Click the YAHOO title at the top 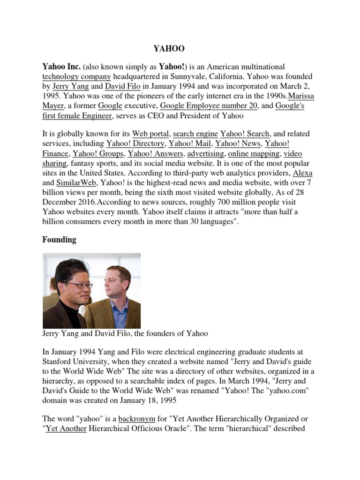(169, 48)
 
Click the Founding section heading (59, 240)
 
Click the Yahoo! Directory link (135, 144)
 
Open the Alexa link (302, 173)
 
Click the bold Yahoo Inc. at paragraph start (62, 67)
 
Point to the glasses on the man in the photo (75, 285)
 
